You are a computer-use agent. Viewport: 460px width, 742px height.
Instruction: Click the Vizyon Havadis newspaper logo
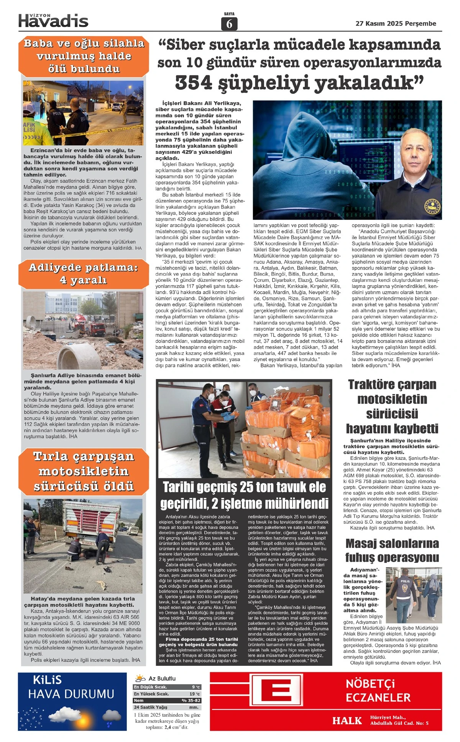pyautogui.click(x=53, y=20)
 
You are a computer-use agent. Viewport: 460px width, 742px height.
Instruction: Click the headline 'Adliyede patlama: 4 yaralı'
pyautogui.click(x=83, y=274)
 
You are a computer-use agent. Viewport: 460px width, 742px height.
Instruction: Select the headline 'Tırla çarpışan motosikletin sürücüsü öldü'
pyautogui.click(x=84, y=471)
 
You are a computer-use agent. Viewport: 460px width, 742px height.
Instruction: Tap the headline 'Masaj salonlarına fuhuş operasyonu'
pyautogui.click(x=392, y=550)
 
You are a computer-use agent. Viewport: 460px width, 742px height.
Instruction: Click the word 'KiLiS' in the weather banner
pyautogui.click(x=47, y=680)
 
